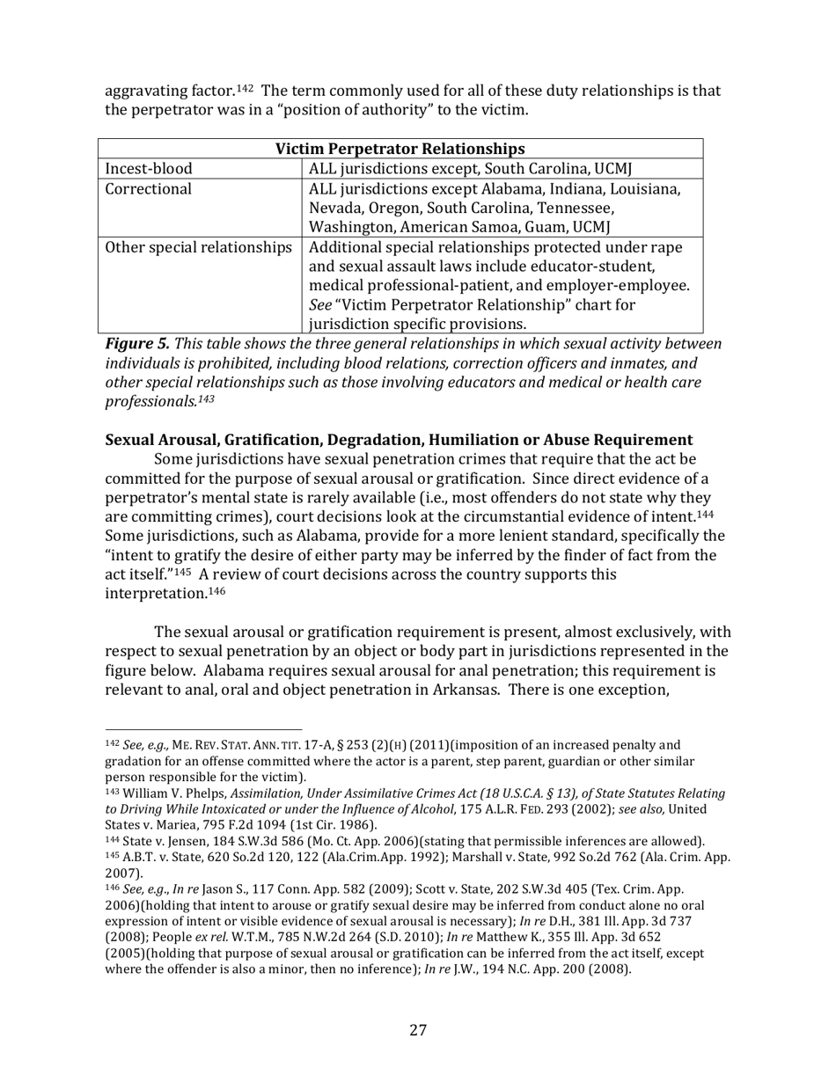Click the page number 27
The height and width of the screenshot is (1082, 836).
[418, 1030]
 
